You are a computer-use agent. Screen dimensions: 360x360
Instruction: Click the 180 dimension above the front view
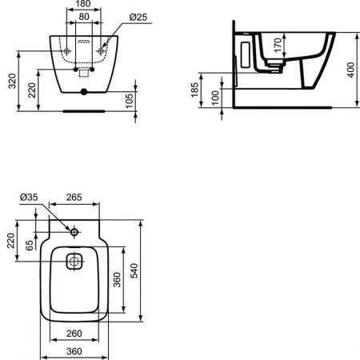click(82, 4)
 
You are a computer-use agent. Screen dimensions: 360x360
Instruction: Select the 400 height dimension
click(350, 70)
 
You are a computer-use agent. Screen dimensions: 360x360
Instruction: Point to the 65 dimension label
click(29, 245)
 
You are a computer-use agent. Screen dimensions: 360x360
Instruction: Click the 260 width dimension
click(74, 334)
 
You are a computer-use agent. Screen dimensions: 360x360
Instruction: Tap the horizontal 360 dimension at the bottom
click(74, 351)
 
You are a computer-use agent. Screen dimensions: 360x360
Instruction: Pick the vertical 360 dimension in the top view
click(116, 280)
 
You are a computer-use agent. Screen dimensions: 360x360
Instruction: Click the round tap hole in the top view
click(74, 232)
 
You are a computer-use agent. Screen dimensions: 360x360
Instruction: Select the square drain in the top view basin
click(74, 262)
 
